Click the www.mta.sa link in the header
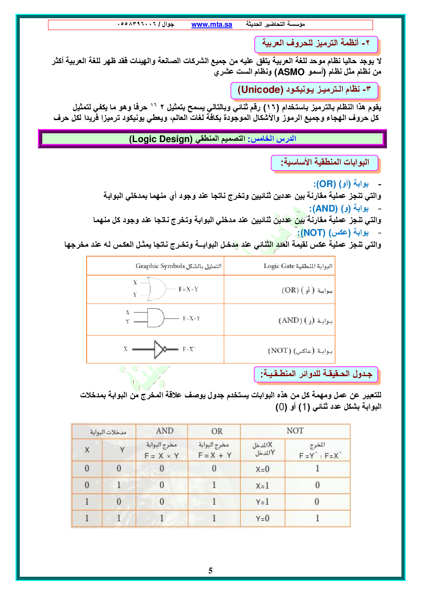coord(211,25)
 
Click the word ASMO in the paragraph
coord(291,72)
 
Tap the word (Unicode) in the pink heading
coord(260,90)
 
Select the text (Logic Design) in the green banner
coord(160,139)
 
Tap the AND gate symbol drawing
coord(155,318)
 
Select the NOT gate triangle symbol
coord(160,349)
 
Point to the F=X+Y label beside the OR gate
coord(188,289)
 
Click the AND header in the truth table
coord(165,431)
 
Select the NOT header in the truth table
coord(295,431)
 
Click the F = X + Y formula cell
coord(215,455)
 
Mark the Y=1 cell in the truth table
coord(262,502)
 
